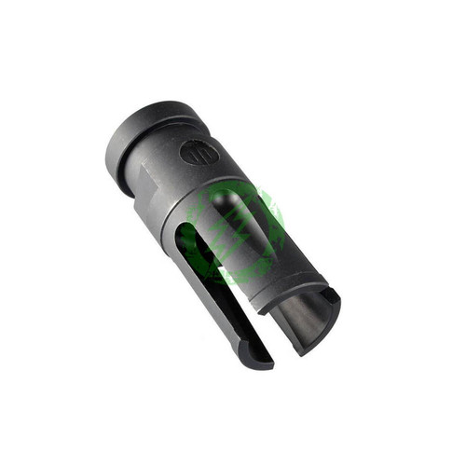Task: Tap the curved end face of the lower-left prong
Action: coord(257,359)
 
